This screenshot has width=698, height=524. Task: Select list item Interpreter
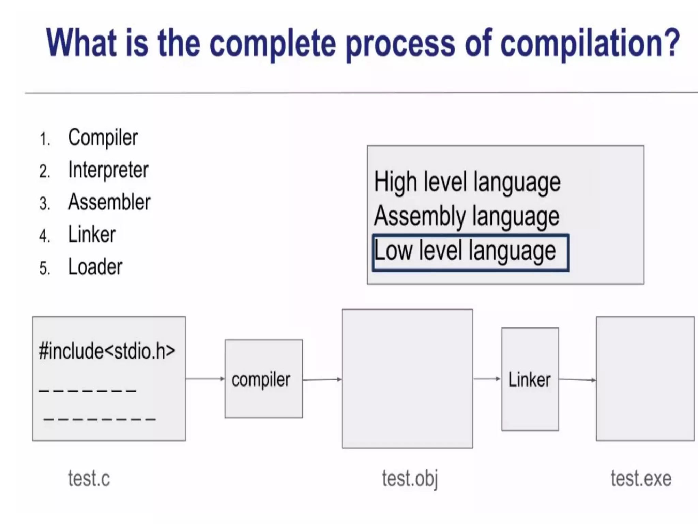pyautogui.click(x=108, y=170)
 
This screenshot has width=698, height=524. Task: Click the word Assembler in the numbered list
pyautogui.click(x=109, y=202)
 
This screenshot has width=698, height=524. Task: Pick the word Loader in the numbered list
pyautogui.click(x=95, y=267)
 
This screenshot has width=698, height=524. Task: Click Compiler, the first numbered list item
pyautogui.click(x=103, y=138)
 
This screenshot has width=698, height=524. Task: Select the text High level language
pyautogui.click(x=467, y=182)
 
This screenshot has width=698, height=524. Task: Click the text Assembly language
pyautogui.click(x=466, y=216)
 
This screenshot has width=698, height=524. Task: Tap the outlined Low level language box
pyautogui.click(x=470, y=252)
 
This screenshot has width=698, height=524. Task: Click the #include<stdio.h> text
pyautogui.click(x=107, y=351)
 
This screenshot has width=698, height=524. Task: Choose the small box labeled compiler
pyautogui.click(x=263, y=379)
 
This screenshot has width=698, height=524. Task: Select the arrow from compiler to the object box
pyautogui.click(x=322, y=379)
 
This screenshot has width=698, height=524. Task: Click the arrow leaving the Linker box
pyautogui.click(x=577, y=379)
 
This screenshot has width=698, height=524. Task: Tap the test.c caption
pyautogui.click(x=89, y=478)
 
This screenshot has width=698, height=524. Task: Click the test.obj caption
pyautogui.click(x=410, y=478)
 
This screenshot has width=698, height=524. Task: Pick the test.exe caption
pyautogui.click(x=641, y=478)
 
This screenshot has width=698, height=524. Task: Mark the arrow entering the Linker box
pyautogui.click(x=487, y=379)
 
